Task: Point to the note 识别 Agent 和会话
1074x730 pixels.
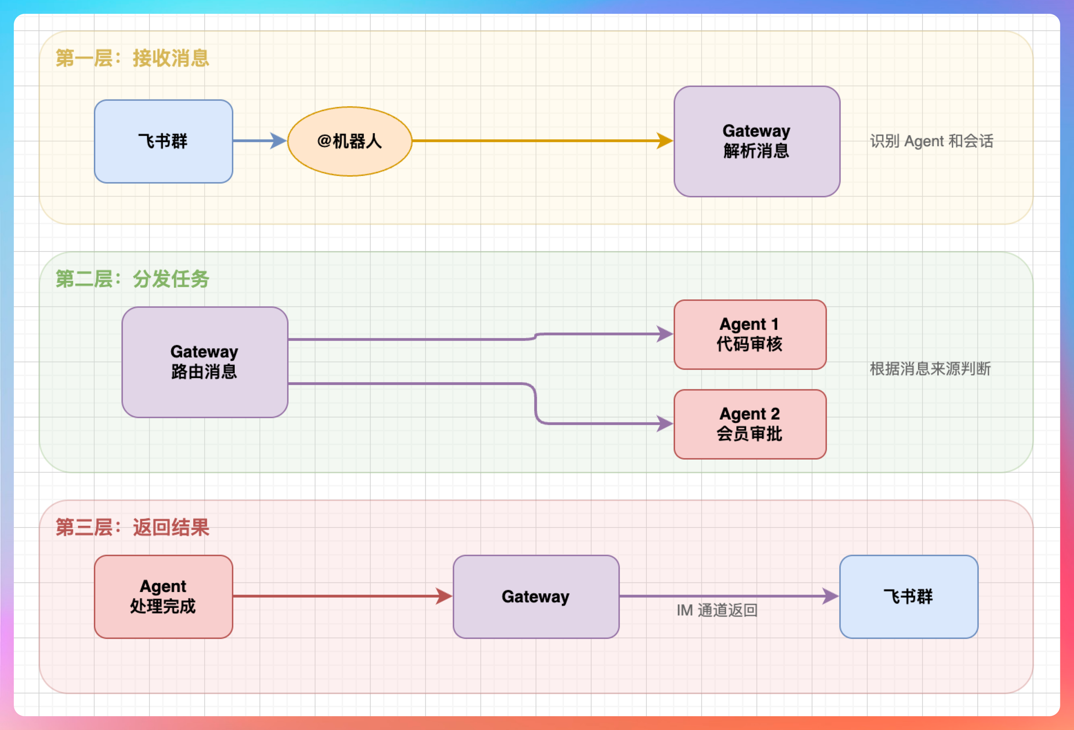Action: (x=931, y=141)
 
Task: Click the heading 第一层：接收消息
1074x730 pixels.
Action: (x=132, y=58)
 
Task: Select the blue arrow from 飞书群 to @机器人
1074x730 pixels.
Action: (x=259, y=140)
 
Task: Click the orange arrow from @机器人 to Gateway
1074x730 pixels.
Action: (x=541, y=140)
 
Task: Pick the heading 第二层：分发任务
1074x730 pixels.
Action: (x=132, y=279)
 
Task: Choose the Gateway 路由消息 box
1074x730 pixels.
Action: (x=205, y=362)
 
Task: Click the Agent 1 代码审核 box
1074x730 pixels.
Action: (x=750, y=334)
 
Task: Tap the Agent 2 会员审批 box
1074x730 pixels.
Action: (x=750, y=424)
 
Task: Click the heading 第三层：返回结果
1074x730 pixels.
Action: (x=132, y=527)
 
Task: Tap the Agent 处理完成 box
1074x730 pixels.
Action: (x=163, y=596)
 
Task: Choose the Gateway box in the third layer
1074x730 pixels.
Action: (x=536, y=596)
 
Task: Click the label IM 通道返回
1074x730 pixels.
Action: (x=717, y=610)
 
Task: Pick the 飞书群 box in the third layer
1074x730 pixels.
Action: (x=908, y=596)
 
